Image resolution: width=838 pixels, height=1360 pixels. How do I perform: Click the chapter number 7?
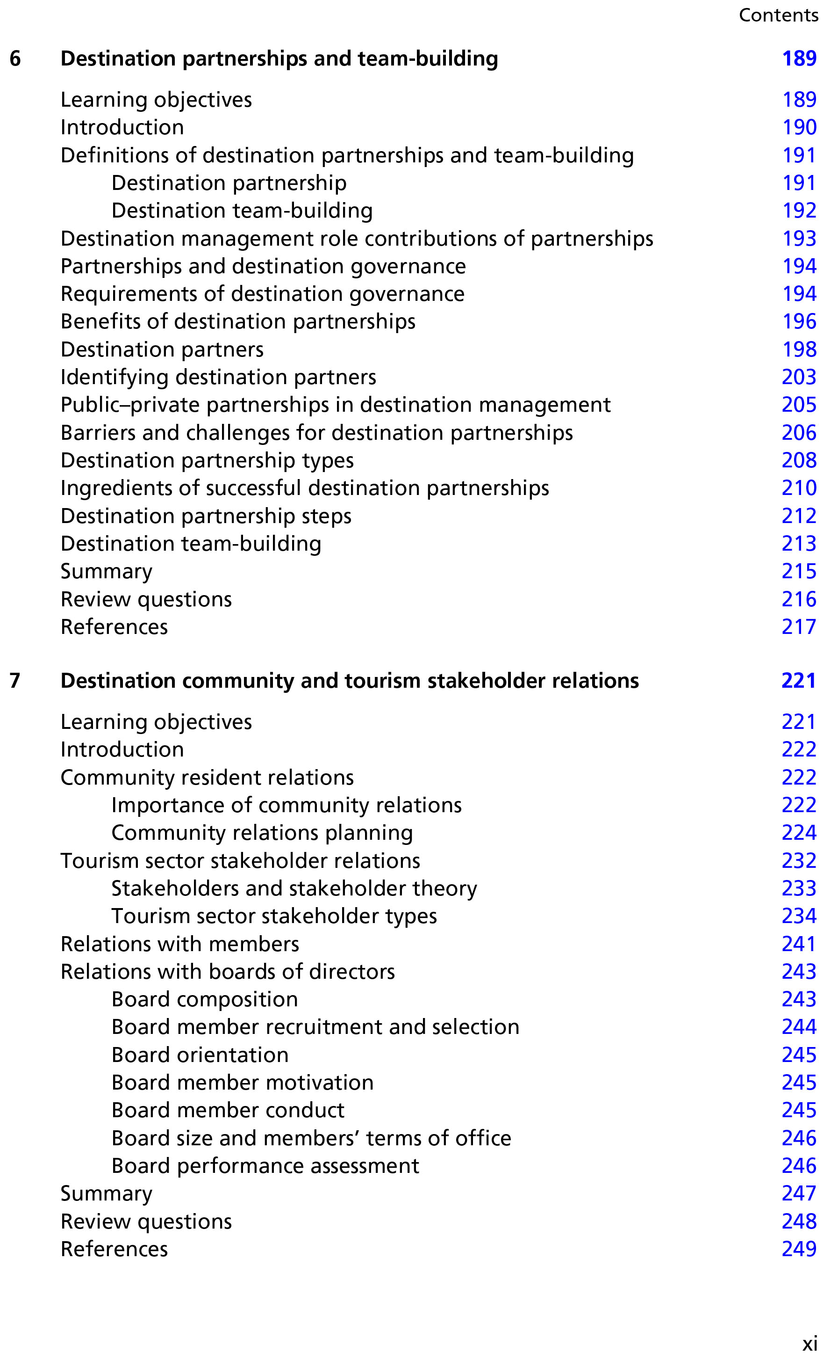[15, 681]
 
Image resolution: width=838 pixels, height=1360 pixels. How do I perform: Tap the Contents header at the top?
[778, 15]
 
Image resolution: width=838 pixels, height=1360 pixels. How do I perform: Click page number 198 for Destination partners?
[799, 349]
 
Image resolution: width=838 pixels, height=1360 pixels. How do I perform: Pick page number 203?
[799, 377]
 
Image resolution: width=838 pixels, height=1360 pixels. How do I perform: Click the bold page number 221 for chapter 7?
[799, 681]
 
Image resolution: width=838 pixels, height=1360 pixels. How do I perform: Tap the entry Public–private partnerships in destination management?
[335, 405]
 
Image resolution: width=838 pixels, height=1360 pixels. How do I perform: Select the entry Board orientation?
[200, 1055]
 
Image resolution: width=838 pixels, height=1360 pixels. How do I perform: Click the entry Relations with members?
[179, 944]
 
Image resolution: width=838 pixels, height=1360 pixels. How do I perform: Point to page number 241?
[799, 944]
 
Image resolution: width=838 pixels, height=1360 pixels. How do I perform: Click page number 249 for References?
[799, 1249]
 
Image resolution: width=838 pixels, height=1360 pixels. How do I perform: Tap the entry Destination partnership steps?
[206, 516]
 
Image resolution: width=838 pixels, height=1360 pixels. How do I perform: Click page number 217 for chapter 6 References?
[799, 627]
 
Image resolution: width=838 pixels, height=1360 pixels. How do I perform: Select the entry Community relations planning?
[262, 833]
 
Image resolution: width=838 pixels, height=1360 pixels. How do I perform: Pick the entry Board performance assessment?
[265, 1165]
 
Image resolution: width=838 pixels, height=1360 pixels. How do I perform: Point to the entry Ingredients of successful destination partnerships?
[305, 488]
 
